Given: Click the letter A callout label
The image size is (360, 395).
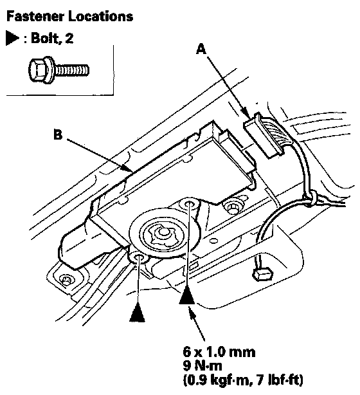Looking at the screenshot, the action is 201,49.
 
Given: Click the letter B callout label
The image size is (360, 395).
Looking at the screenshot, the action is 58,134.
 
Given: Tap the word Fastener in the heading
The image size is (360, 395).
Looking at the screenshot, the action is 35,16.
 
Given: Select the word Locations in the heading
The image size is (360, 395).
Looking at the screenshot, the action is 101,16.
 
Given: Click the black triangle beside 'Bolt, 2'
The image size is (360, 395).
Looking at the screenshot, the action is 12,39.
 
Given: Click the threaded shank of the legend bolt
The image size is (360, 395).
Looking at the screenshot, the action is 72,70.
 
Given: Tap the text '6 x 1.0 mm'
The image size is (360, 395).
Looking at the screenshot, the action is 219,352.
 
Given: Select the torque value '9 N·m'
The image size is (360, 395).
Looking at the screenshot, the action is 202,365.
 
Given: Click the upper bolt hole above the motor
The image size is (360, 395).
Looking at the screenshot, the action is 188,203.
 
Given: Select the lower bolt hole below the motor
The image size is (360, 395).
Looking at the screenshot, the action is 138,257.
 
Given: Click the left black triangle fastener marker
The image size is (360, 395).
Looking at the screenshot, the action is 137,312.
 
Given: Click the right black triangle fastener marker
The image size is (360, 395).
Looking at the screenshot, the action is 186,295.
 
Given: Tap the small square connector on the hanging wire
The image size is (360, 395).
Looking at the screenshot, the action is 263,274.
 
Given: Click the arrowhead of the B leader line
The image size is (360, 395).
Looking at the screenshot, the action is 128,168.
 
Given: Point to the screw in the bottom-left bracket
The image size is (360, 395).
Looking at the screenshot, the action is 66,279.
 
